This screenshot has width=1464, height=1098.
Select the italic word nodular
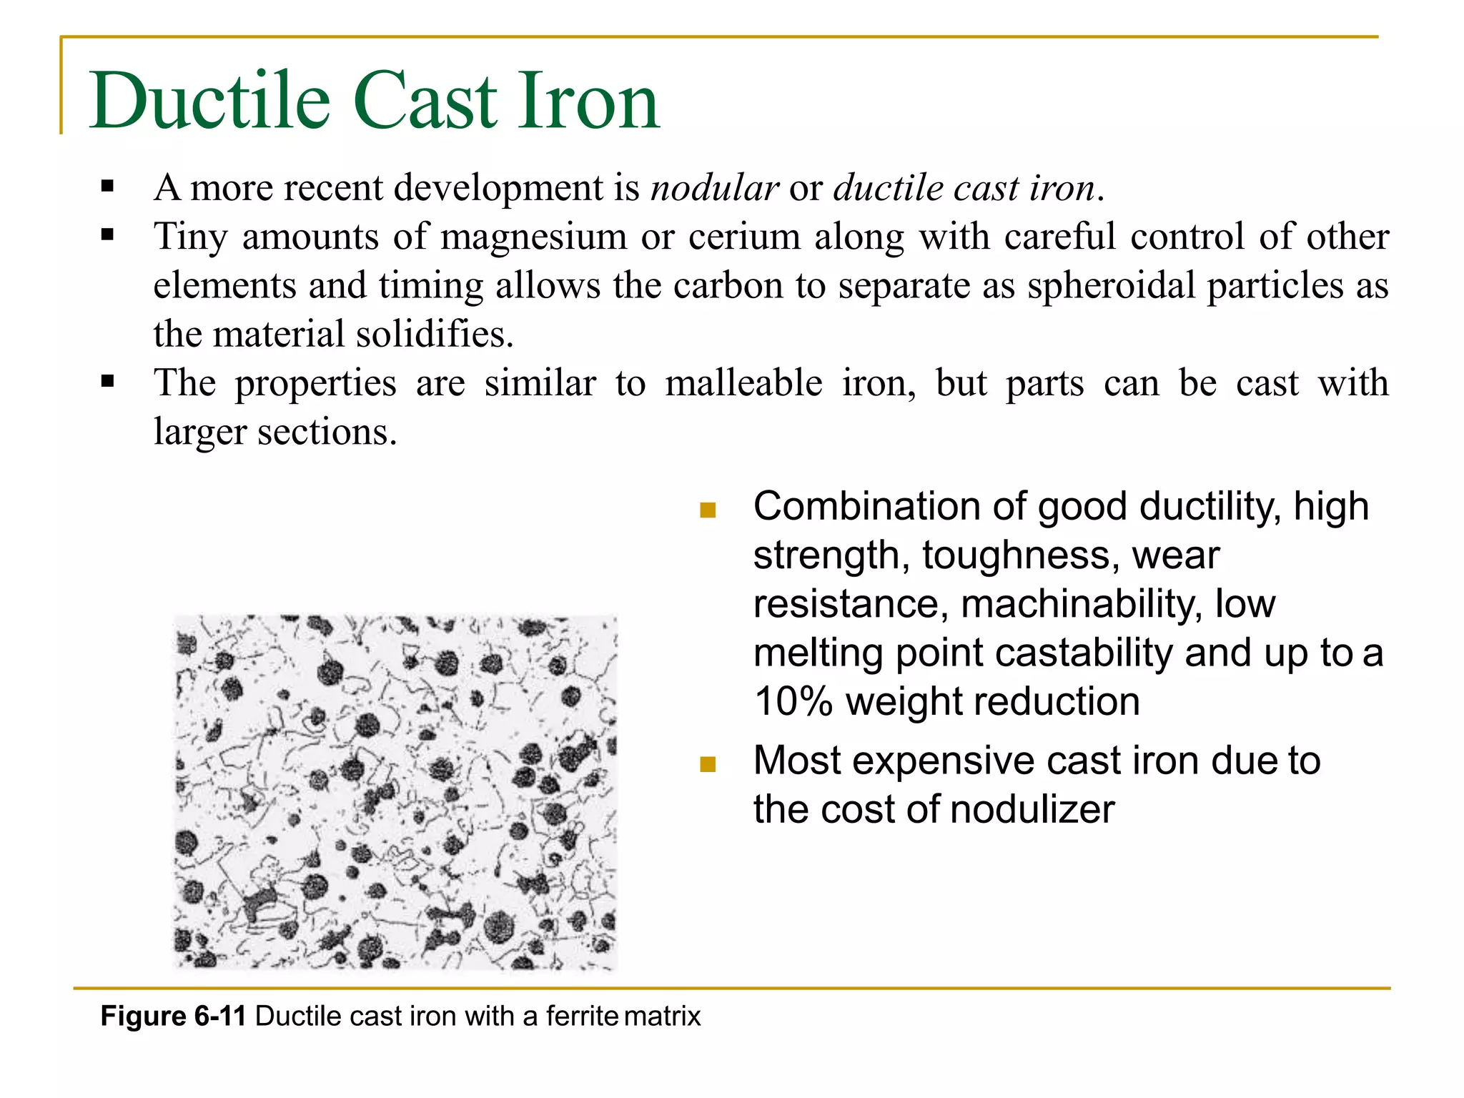tap(714, 188)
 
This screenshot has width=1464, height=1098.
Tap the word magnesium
tap(533, 237)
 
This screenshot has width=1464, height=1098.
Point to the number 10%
tap(793, 702)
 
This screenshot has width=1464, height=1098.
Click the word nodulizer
tap(1032, 810)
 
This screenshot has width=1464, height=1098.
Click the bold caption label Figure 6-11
tap(173, 1016)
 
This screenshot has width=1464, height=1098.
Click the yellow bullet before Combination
tap(708, 510)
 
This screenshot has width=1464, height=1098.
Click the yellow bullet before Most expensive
tap(708, 764)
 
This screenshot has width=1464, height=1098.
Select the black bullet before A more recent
tap(108, 187)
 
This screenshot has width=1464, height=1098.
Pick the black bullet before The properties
tap(108, 382)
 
